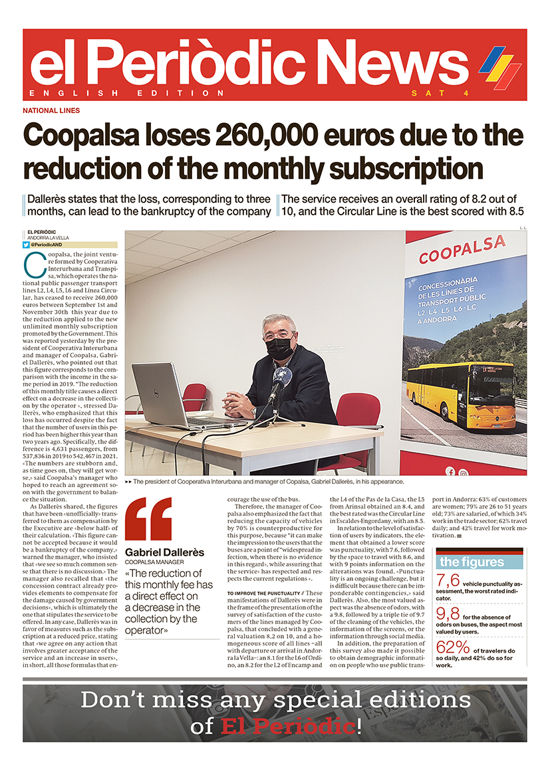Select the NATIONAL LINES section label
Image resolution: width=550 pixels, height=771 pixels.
point(51,110)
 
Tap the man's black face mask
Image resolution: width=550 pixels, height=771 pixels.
point(279,348)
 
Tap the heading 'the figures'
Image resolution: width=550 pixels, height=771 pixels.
point(472,562)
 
